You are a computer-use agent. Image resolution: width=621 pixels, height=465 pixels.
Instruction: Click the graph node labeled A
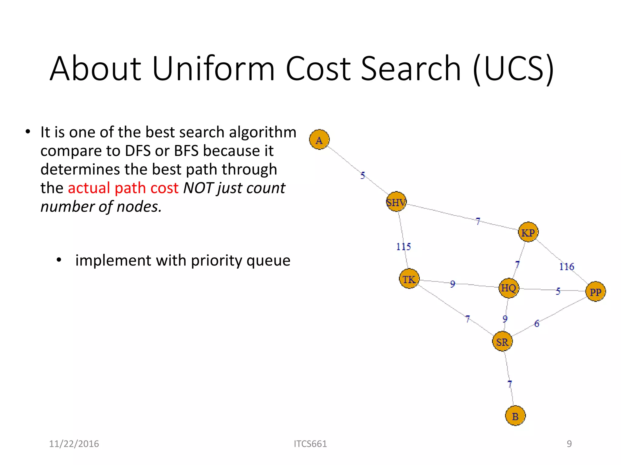319,140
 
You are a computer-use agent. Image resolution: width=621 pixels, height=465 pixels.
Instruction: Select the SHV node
396,202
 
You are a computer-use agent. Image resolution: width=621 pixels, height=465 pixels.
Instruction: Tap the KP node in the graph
528,232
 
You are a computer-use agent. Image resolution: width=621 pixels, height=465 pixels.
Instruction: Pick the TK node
409,279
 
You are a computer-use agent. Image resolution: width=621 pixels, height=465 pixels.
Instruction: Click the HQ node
509,288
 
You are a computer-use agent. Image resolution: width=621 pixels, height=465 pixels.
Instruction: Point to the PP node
595,292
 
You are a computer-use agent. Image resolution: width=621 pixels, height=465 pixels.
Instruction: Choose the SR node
502,341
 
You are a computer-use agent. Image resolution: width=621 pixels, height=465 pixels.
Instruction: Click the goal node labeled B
515,416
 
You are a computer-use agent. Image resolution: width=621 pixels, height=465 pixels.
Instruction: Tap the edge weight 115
403,246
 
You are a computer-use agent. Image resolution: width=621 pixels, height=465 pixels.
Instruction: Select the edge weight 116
566,266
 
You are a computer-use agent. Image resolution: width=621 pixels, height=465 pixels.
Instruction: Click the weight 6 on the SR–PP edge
537,323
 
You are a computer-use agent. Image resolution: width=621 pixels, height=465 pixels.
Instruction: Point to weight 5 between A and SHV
363,175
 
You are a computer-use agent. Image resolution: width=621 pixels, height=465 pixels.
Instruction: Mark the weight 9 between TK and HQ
452,284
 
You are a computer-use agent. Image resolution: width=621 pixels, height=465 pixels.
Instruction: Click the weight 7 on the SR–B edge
510,384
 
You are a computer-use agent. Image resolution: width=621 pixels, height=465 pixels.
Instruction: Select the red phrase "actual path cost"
123,188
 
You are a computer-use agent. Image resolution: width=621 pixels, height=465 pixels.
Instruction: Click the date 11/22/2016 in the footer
74,444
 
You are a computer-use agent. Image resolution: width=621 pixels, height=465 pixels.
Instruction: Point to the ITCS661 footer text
310,444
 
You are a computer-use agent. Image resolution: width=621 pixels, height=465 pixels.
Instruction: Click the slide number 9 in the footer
569,444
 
